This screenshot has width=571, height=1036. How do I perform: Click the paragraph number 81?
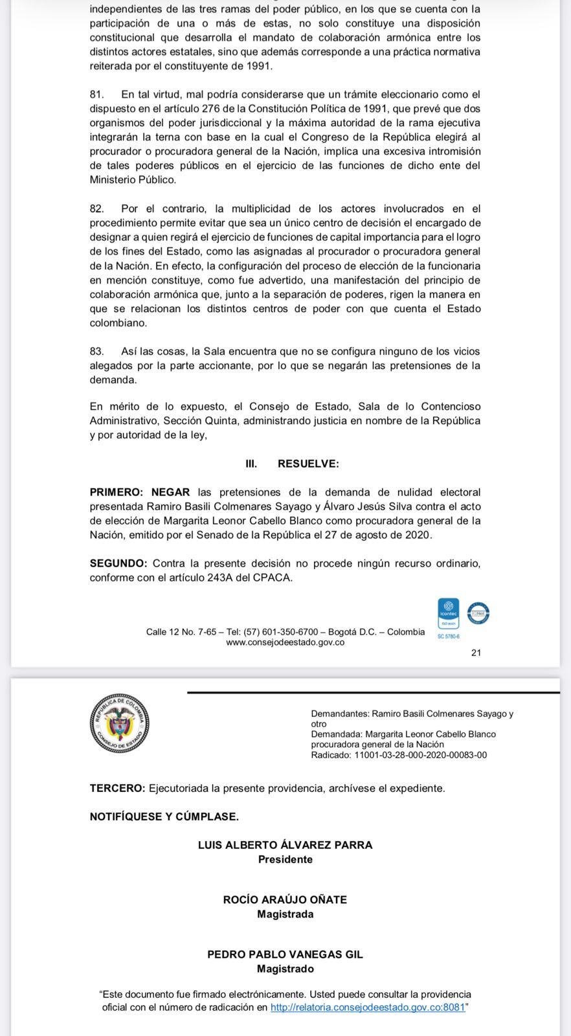click(x=96, y=95)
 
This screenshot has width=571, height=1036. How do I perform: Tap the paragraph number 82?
click(x=96, y=208)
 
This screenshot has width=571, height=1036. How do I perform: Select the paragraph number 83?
click(x=96, y=351)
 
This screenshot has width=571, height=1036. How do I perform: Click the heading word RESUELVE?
click(x=308, y=464)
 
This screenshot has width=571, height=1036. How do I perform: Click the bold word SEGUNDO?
click(x=118, y=563)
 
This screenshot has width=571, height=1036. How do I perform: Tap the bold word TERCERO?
click(x=117, y=788)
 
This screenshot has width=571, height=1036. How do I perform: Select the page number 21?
click(x=476, y=653)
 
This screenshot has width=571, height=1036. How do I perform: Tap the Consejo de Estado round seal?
click(x=120, y=723)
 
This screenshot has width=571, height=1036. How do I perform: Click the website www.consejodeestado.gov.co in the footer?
click(x=285, y=642)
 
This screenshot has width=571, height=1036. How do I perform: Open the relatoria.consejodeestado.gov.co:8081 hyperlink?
click(x=367, y=1008)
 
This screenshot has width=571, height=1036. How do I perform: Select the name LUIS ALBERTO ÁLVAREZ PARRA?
click(x=285, y=845)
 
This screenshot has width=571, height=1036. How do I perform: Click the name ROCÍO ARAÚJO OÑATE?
click(x=285, y=899)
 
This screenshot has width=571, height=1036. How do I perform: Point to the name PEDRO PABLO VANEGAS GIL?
click(x=285, y=954)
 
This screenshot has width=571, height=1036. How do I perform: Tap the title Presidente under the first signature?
click(x=285, y=859)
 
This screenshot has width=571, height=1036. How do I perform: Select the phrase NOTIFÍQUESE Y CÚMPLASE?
click(x=164, y=816)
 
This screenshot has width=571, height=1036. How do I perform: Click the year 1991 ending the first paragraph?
click(x=260, y=66)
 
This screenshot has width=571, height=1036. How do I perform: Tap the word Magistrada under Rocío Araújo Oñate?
click(x=285, y=914)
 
